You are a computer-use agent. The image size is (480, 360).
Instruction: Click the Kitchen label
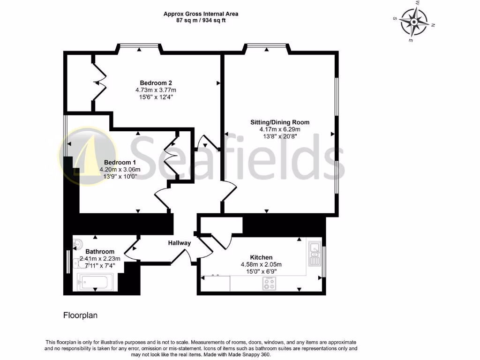point(261,257)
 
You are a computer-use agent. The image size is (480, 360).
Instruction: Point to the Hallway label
point(180,243)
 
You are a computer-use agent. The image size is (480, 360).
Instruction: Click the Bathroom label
point(100,251)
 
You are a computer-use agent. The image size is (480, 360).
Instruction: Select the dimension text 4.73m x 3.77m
point(156,90)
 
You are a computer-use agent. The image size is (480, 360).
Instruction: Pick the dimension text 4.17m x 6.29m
point(279,129)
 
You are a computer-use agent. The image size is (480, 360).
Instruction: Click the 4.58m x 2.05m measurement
point(261,264)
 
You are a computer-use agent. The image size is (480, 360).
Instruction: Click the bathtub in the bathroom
point(94,283)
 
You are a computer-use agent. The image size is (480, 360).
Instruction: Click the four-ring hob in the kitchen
point(270,283)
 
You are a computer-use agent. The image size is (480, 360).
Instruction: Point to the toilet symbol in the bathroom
point(78,243)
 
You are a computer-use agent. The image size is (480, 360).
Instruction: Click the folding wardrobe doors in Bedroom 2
point(100,83)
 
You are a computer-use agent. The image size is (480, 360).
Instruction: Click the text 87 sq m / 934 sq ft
point(201,21)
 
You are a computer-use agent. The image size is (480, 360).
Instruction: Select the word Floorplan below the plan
point(80,315)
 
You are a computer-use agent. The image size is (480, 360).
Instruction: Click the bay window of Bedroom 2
point(139,46)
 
